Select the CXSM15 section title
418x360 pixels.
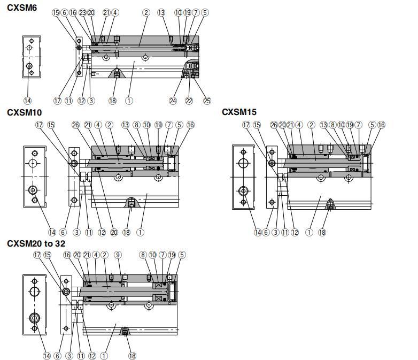click(x=239, y=112)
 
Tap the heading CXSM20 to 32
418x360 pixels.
click(x=36, y=243)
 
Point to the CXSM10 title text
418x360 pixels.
click(x=24, y=112)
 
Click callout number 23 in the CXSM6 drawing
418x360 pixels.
click(x=82, y=12)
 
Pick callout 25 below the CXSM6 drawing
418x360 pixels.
click(x=207, y=100)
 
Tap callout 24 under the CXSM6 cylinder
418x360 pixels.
click(x=172, y=100)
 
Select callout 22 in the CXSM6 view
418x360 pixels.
click(x=189, y=100)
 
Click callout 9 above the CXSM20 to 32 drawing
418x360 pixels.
click(x=118, y=255)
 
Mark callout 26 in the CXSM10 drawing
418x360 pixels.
click(x=75, y=125)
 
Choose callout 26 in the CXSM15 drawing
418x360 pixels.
click(x=274, y=125)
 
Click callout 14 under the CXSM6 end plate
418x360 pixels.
click(x=28, y=100)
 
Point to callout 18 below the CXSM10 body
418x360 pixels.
click(x=127, y=232)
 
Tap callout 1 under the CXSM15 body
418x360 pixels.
click(x=309, y=232)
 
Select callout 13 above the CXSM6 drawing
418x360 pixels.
click(x=161, y=12)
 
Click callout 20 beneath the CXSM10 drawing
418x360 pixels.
click(x=113, y=232)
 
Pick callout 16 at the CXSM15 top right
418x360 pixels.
click(x=381, y=125)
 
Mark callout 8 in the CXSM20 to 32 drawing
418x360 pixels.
click(x=143, y=255)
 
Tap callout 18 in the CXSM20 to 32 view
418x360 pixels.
click(x=132, y=355)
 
